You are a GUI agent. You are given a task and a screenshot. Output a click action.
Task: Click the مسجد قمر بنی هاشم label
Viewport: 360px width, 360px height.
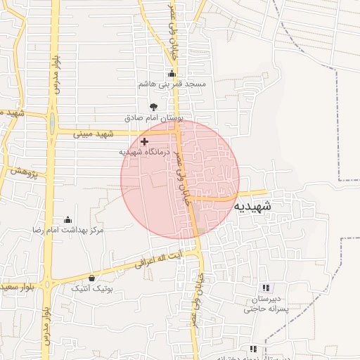(172, 84)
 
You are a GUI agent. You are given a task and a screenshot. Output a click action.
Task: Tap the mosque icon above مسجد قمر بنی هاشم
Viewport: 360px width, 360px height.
(172, 74)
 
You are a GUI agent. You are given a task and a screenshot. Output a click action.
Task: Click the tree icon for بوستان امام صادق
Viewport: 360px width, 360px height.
(154, 107)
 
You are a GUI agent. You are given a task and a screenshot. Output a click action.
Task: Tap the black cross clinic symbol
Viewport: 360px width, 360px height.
(145, 141)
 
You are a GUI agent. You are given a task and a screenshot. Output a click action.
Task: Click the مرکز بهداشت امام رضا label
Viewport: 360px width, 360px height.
(67, 230)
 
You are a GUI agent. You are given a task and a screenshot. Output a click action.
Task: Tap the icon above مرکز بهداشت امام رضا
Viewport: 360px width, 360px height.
(67, 219)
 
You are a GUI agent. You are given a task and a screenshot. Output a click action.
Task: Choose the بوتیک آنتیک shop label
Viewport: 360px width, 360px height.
(92, 288)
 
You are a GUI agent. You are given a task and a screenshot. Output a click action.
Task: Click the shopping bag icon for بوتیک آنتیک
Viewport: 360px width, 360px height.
(92, 278)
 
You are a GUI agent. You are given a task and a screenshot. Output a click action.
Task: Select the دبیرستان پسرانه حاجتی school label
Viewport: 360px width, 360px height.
(266, 304)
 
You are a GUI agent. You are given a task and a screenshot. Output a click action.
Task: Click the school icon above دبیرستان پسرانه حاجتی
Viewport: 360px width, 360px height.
(266, 288)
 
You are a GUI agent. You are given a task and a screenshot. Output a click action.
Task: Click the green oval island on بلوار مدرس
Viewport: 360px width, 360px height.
(51, 124)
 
